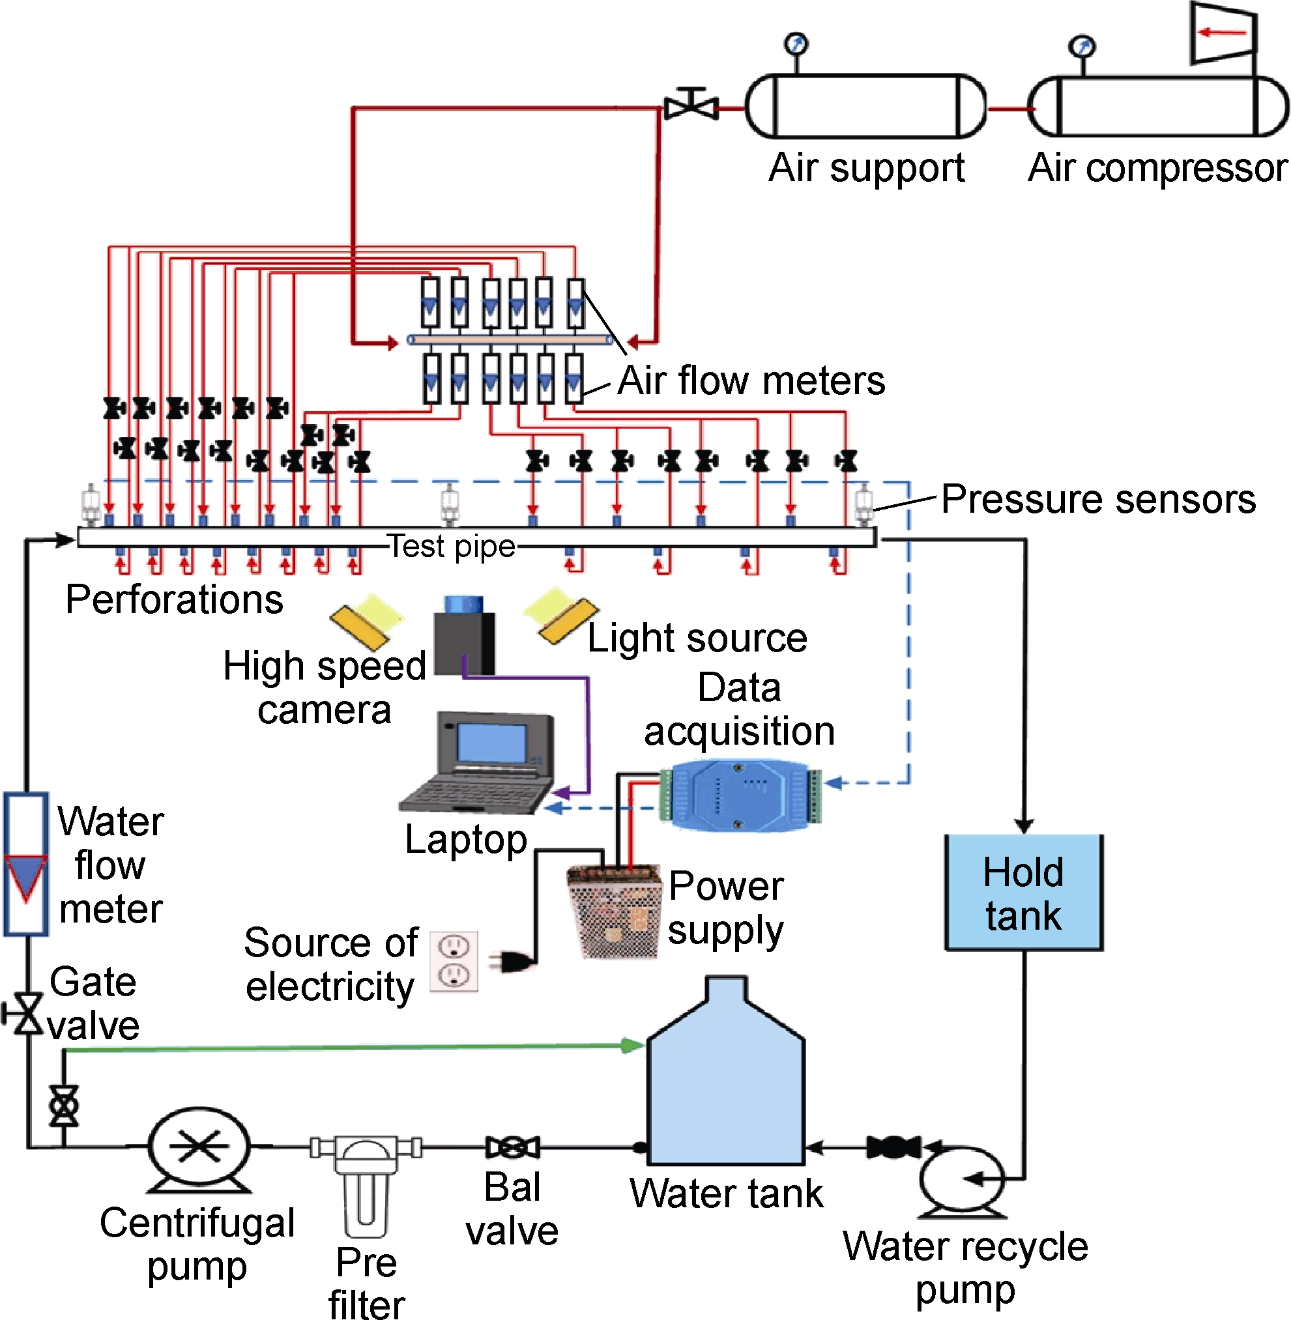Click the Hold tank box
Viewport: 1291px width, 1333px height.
pyautogui.click(x=1024, y=893)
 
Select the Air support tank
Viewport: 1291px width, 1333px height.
pyautogui.click(x=866, y=107)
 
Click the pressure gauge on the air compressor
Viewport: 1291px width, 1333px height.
pyautogui.click(x=1082, y=47)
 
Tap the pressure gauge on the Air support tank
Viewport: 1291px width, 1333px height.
pyautogui.click(x=796, y=44)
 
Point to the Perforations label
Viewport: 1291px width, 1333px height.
pyautogui.click(x=174, y=600)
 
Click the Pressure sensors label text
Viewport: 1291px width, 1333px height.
pyautogui.click(x=1098, y=500)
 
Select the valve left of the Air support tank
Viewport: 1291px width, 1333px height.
pyautogui.click(x=691, y=106)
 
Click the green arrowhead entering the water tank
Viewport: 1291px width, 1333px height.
pyautogui.click(x=635, y=1045)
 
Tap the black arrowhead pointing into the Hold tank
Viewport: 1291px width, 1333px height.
pyautogui.click(x=1024, y=826)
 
